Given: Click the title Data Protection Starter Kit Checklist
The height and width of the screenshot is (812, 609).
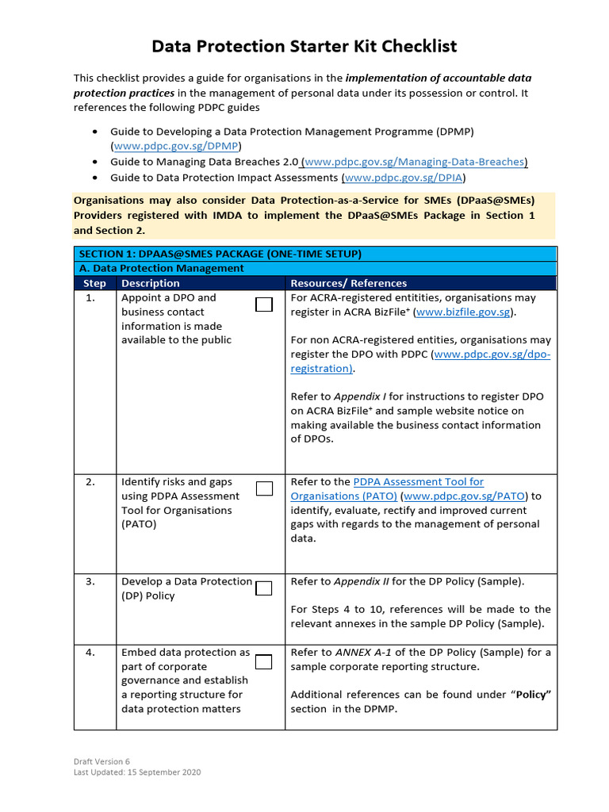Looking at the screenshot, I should [x=304, y=47].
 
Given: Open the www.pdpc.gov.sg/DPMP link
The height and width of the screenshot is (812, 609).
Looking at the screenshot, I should [x=176, y=146].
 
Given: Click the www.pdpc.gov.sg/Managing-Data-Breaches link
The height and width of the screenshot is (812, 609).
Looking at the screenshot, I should [x=414, y=162].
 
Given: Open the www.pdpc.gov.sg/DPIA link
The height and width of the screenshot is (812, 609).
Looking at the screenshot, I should [x=404, y=178].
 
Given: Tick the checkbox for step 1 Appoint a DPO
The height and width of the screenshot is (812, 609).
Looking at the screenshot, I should [x=264, y=304].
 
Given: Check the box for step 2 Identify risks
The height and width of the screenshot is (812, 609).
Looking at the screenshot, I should [x=264, y=488].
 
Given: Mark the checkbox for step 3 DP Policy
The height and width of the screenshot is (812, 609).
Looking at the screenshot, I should [x=264, y=588].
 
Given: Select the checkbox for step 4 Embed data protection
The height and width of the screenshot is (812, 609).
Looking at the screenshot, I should [x=264, y=661].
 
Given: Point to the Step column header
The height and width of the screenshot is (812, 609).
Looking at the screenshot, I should [x=94, y=283].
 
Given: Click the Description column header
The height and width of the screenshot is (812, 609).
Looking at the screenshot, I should [x=151, y=283].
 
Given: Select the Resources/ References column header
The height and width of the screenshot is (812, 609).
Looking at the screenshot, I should [x=348, y=283].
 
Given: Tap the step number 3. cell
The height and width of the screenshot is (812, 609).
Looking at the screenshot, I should [x=90, y=581].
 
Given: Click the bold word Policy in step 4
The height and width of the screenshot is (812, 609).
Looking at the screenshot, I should [x=531, y=695].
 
